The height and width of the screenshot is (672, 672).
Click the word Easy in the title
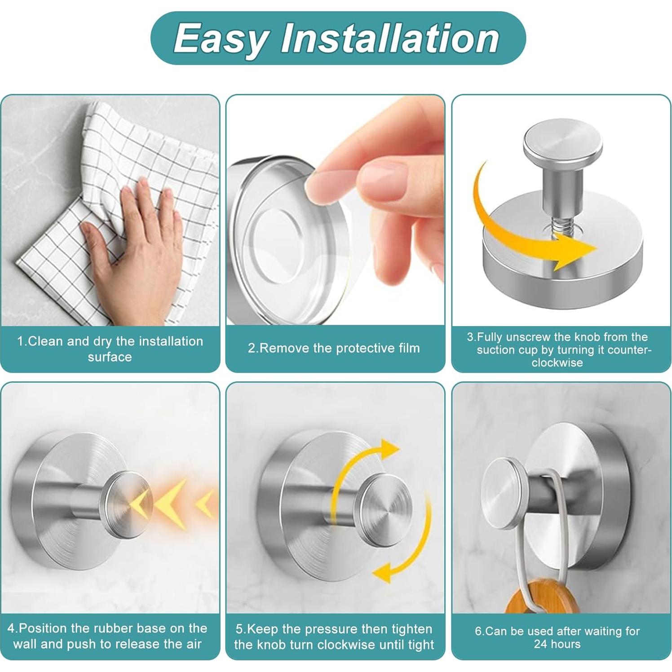(x=220, y=39)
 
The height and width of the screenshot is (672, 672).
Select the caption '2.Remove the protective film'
(x=334, y=348)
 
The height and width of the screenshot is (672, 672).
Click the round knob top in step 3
(x=561, y=144)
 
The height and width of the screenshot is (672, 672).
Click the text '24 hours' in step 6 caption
(x=557, y=644)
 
